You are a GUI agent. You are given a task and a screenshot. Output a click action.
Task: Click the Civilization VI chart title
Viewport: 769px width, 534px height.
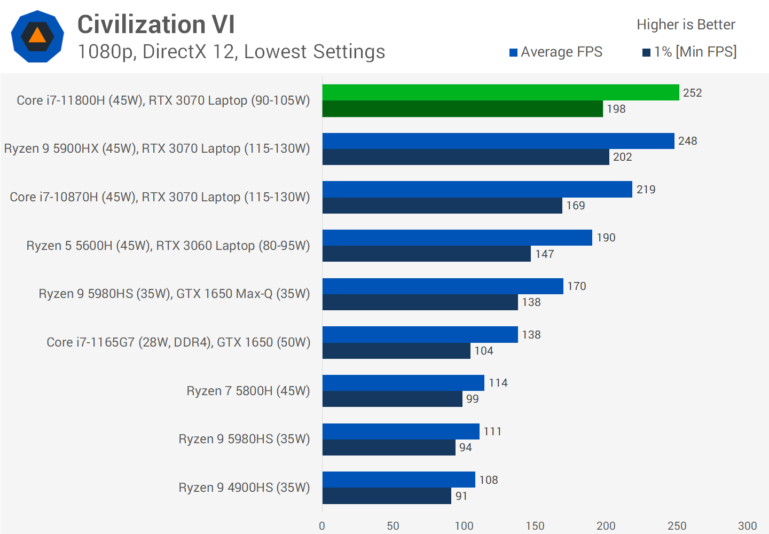tap(156, 25)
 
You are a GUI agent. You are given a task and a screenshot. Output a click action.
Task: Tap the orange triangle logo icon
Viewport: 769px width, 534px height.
tap(37, 36)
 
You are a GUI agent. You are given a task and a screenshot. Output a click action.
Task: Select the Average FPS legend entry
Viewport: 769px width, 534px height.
tap(556, 52)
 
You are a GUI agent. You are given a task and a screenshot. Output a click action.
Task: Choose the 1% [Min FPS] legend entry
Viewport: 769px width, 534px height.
tap(689, 52)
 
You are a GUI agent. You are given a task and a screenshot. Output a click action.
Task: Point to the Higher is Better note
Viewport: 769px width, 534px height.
tap(686, 25)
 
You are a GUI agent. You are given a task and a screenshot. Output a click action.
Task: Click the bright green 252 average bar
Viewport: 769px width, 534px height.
tap(500, 92)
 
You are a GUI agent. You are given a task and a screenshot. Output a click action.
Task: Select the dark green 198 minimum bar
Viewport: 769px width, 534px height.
tap(462, 109)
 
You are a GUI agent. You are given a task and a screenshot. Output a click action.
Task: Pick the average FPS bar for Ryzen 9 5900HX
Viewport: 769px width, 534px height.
tap(498, 141)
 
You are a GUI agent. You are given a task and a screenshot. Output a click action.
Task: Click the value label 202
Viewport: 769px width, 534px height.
tap(623, 157)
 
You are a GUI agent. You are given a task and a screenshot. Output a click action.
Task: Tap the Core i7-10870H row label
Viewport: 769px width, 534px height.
tap(160, 197)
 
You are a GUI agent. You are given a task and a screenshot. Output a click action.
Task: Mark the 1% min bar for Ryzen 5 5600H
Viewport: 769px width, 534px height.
tap(427, 254)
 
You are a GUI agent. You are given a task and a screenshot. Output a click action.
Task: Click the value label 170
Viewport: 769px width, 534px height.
tap(577, 286)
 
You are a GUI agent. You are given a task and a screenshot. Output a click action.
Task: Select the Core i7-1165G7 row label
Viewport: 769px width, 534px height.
tap(178, 342)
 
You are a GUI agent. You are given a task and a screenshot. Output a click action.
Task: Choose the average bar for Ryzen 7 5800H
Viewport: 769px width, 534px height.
tap(403, 383)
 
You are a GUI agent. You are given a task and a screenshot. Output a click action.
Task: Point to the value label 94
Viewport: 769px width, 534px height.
tap(466, 447)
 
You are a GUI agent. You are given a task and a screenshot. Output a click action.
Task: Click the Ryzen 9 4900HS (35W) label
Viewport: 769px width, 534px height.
tap(244, 488)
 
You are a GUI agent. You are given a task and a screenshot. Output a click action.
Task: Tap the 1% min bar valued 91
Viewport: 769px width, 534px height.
tap(387, 496)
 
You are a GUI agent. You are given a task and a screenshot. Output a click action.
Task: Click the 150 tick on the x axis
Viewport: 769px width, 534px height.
tap(535, 526)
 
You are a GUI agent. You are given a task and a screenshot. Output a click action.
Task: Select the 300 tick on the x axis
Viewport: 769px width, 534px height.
tap(747, 526)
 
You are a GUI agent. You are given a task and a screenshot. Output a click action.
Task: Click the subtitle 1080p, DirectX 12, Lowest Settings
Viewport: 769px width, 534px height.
tap(231, 52)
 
